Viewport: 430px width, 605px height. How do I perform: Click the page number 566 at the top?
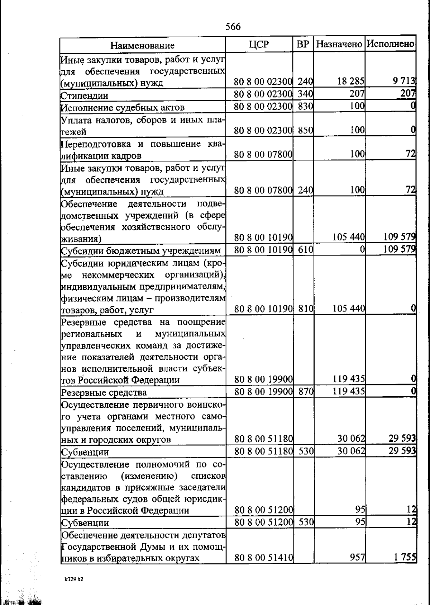click(233, 27)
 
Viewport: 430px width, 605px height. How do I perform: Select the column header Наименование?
click(142, 45)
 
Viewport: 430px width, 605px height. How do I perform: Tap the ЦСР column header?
click(259, 44)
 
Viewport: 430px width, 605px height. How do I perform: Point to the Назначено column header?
click(339, 44)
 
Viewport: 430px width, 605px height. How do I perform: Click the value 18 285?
click(350, 81)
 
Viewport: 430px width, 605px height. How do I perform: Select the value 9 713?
click(404, 81)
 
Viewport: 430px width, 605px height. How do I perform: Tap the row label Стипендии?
click(85, 95)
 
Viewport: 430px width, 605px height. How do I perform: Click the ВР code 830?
click(305, 106)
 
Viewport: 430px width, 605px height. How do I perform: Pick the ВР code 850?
click(305, 130)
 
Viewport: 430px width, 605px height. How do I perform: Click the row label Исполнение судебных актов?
click(123, 108)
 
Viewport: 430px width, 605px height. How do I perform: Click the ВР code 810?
click(305, 308)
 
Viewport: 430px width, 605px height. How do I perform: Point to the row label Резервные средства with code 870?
click(104, 393)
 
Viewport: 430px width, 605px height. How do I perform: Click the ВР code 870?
click(306, 391)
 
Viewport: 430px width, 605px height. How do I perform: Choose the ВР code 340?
click(305, 94)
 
